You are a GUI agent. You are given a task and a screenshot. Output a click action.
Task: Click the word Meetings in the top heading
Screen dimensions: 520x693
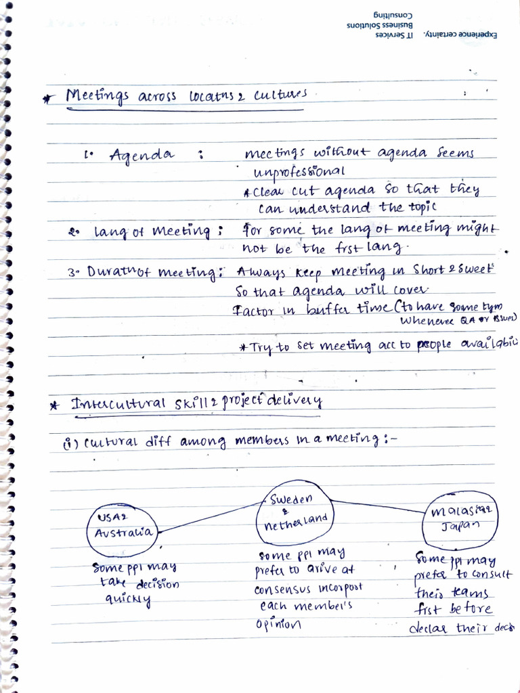(97, 97)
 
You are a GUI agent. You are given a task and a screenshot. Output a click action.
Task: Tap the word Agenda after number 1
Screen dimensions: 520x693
(141, 155)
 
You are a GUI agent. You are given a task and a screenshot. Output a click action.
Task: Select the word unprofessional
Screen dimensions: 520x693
(299, 171)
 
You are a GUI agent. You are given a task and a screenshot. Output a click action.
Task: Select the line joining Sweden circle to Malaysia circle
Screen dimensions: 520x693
(376, 505)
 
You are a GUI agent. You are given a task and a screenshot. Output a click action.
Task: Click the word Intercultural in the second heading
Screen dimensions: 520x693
(119, 404)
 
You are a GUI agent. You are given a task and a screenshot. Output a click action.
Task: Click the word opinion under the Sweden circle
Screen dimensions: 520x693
(278, 624)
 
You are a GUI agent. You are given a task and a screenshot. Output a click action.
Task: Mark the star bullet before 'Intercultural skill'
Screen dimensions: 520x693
(53, 405)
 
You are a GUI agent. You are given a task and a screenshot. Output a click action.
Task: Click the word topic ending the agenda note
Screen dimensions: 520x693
(421, 206)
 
